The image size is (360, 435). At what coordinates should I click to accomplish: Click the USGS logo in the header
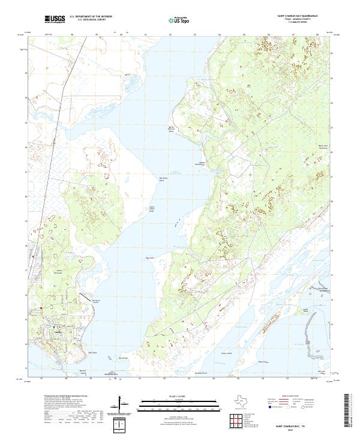tap(55, 19)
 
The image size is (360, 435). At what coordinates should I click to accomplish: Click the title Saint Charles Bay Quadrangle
tap(298, 16)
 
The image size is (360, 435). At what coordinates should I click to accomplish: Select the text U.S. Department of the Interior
tap(91, 17)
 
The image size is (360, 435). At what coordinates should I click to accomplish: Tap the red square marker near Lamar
tap(41, 309)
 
